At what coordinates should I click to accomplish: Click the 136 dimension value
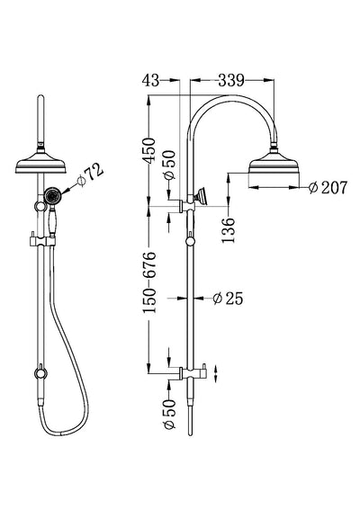[x=229, y=220]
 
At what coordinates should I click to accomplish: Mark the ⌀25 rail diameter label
[x=229, y=298]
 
